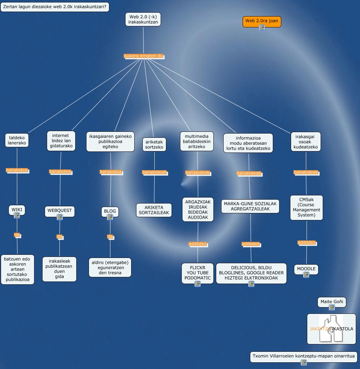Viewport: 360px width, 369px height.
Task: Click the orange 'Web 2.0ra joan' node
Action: (262, 21)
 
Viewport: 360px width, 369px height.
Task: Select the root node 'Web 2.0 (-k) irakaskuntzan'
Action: (143, 19)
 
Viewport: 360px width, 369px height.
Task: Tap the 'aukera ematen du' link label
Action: (143, 56)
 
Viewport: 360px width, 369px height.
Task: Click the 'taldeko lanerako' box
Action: (17, 140)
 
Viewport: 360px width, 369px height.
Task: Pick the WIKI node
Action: (17, 210)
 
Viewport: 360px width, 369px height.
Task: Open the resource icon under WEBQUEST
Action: (60, 217)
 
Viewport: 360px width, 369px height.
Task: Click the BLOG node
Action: (110, 211)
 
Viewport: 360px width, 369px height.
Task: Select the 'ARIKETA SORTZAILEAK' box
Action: (154, 210)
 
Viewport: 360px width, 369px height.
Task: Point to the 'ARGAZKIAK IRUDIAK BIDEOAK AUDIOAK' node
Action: (198, 209)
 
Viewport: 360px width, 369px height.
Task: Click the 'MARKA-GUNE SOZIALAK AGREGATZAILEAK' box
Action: (250, 206)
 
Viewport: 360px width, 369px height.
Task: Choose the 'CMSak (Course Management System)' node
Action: (306, 207)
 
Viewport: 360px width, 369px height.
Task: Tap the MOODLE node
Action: (306, 269)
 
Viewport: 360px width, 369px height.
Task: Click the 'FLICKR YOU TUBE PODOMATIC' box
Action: (198, 272)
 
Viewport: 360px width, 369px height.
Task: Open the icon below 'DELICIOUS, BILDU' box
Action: (251, 284)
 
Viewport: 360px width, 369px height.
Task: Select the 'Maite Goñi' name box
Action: (332, 302)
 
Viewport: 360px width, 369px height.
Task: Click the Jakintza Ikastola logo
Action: (331, 329)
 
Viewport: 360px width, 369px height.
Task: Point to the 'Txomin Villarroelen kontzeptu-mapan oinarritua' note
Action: (303, 356)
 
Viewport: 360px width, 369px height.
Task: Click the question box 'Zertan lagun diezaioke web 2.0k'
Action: (55, 7)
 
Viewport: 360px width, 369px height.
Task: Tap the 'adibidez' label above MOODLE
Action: (307, 242)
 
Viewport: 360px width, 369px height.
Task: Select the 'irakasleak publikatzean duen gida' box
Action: (59, 269)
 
